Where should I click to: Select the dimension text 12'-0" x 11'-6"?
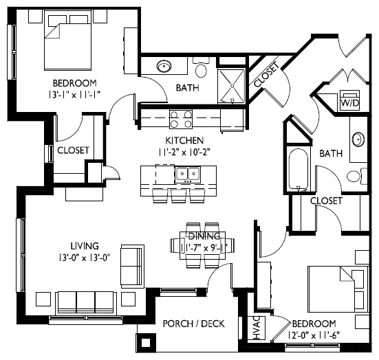pyautogui.click(x=314, y=335)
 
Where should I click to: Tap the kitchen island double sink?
pyautogui.click(x=187, y=175)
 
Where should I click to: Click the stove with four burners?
pyautogui.click(x=182, y=120)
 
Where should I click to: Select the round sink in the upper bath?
pyautogui.click(x=165, y=67)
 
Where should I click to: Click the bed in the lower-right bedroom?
pyautogui.click(x=336, y=287)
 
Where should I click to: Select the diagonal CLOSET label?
pyautogui.click(x=266, y=75)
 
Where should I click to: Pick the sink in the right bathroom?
pyautogui.click(x=358, y=139)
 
